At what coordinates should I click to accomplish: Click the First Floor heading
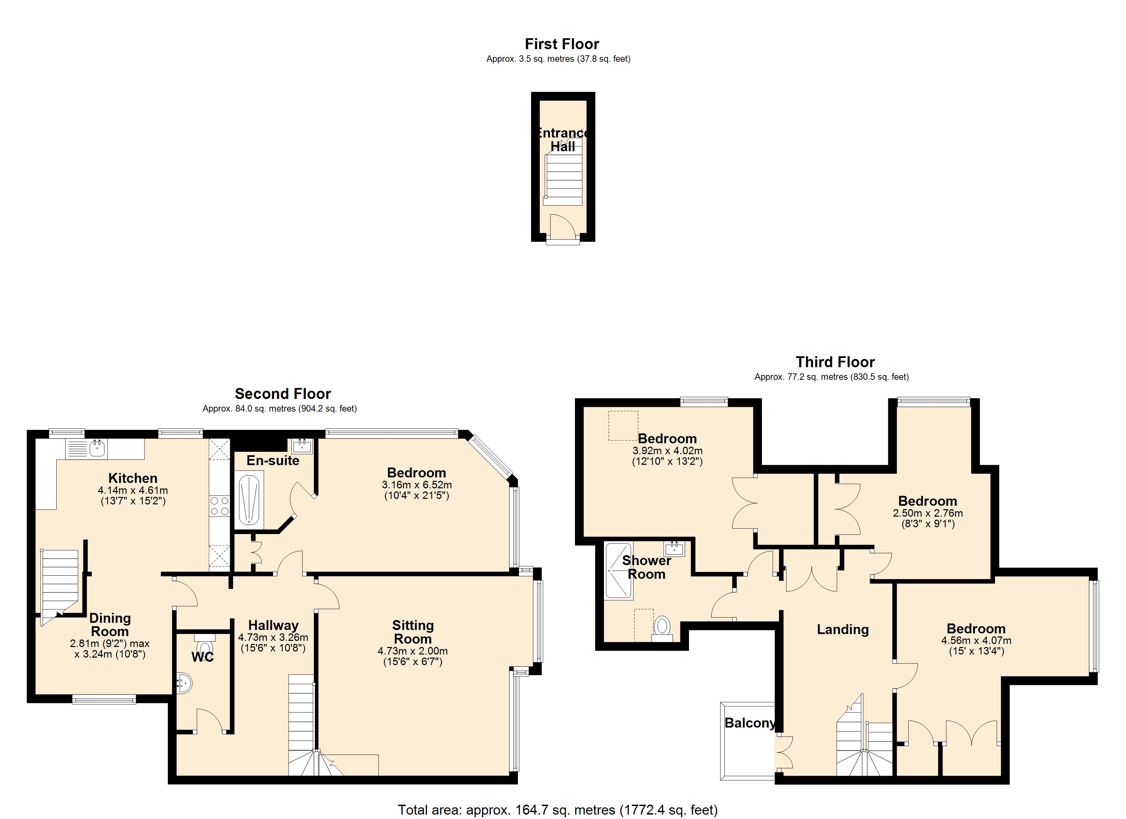click(x=562, y=44)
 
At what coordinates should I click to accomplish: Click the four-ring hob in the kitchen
click(x=219, y=506)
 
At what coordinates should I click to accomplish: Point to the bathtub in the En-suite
click(x=249, y=499)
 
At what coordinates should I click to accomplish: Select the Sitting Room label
click(x=413, y=632)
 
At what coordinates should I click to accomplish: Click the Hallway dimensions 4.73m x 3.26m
click(x=273, y=637)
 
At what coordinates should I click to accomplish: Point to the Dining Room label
click(x=110, y=625)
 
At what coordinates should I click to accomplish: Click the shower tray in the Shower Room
click(x=619, y=571)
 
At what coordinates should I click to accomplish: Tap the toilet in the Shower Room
click(x=661, y=627)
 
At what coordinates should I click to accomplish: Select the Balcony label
click(x=749, y=723)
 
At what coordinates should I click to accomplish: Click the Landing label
click(x=842, y=629)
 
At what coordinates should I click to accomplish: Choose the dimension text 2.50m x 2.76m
click(x=927, y=513)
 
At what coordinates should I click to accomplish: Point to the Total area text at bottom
click(x=558, y=810)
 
